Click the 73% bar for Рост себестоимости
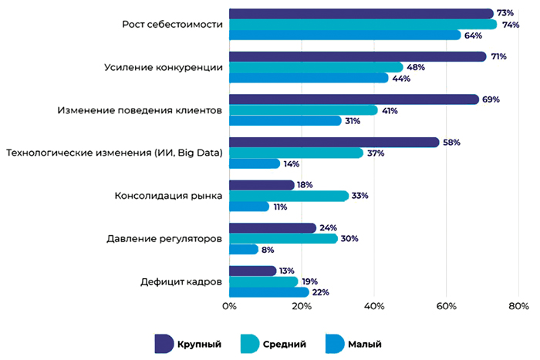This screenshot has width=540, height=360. click(x=361, y=14)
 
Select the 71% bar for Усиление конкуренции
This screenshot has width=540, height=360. click(x=358, y=56)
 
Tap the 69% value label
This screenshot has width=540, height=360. click(x=491, y=99)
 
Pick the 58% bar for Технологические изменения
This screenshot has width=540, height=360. click(x=334, y=143)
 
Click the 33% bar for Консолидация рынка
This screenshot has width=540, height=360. click(x=289, y=196)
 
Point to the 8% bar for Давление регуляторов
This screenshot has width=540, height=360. click(x=244, y=249)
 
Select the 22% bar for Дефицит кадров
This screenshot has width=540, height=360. click(x=269, y=292)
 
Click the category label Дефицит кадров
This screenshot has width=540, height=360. click(x=181, y=282)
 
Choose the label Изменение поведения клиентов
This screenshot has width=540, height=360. click(x=140, y=110)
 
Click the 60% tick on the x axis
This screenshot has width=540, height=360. click(x=445, y=306)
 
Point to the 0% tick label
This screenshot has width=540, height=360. click(x=229, y=306)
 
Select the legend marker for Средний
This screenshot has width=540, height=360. click(x=251, y=344)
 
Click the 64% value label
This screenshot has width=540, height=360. click(x=474, y=35)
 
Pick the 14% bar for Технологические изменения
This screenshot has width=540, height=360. click(x=255, y=163)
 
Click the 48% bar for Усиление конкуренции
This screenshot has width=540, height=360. click(x=316, y=67)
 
